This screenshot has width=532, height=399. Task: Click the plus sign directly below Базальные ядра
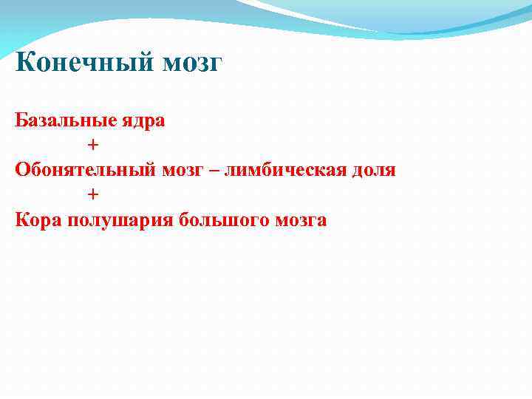pos(92,145)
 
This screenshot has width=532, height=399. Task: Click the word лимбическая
pos(287,170)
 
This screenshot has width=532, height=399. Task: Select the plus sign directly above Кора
pos(92,194)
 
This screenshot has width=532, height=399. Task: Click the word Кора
pos(38,220)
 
